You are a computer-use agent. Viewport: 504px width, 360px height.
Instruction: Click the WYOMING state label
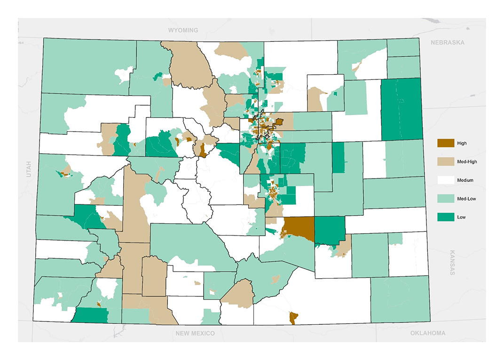coord(183,30)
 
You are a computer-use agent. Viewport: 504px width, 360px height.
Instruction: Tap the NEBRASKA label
coord(447,42)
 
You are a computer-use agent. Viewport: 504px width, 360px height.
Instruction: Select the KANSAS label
coord(453,262)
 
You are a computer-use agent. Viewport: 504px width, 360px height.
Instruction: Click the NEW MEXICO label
coord(195,333)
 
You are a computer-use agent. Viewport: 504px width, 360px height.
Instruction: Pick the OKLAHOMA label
coord(427,333)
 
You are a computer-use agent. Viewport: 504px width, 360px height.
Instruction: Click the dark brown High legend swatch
coord(446,143)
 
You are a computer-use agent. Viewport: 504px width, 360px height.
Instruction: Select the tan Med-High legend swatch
coord(446,162)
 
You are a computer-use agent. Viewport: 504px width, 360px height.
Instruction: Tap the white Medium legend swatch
coord(446,180)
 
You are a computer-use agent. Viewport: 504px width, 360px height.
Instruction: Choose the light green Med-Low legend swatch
coord(446,198)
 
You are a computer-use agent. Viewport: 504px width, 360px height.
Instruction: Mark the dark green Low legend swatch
coord(446,217)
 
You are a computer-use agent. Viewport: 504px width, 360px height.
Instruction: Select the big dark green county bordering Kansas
coord(401,110)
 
